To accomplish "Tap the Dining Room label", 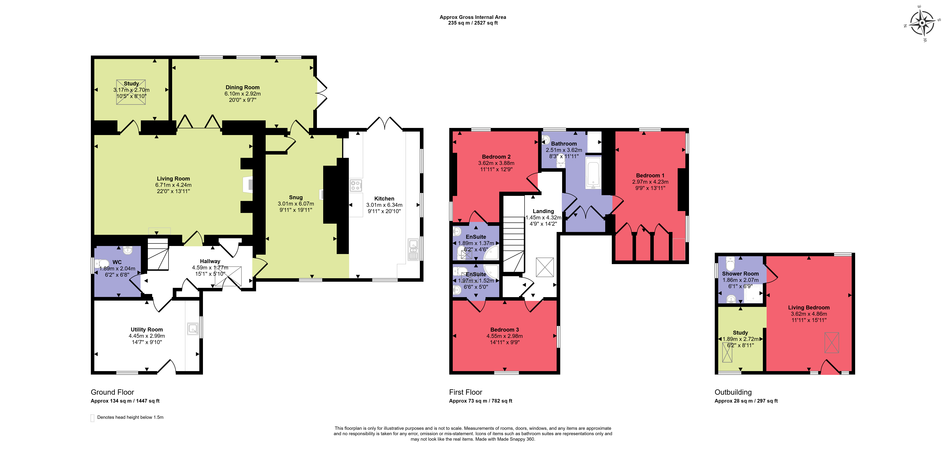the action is (x=242, y=87).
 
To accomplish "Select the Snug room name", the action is (x=296, y=198).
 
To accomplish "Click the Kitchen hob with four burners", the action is (x=355, y=185).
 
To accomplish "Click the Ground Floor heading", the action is (x=112, y=392).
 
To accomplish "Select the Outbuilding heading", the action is (x=733, y=392).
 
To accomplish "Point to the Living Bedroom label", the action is (x=809, y=307).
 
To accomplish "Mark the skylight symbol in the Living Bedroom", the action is (x=832, y=343).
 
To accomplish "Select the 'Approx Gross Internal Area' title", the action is (x=473, y=17).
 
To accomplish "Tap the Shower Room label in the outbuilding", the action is (x=740, y=274).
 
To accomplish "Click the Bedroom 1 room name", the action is (x=650, y=175).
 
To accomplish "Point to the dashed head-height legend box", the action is (x=92, y=418).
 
